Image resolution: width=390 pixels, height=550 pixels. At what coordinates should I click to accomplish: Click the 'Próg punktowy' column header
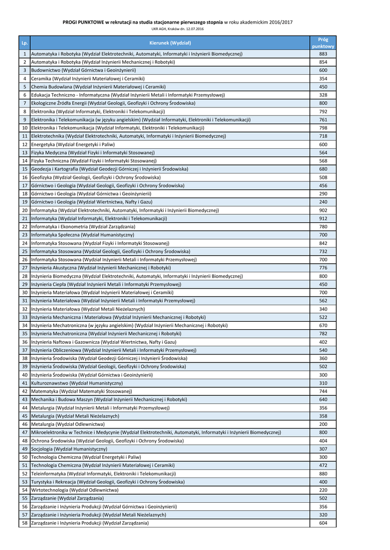323,42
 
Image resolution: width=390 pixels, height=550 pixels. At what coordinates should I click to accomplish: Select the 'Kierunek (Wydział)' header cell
170,42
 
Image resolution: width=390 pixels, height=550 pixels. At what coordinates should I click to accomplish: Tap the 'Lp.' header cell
24,42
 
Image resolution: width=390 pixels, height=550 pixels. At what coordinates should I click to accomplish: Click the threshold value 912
323,219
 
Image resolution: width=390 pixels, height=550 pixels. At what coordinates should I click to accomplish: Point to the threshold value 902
323,211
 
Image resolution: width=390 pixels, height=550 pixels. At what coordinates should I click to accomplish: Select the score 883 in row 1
323,54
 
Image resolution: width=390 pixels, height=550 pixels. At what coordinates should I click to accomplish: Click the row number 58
24,523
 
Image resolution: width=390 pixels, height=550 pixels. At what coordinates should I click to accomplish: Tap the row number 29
24,284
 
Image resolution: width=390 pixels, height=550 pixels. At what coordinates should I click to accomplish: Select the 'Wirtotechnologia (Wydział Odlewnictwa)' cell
75,490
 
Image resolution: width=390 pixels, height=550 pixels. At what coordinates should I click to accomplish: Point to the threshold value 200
323,424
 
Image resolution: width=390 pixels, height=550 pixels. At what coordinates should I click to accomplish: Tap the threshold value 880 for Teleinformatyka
323,474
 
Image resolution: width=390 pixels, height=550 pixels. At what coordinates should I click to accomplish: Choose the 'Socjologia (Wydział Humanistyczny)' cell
69,448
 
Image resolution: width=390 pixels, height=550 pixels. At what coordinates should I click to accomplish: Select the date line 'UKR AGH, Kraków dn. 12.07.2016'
178,29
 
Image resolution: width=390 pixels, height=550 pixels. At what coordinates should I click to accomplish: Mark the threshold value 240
323,202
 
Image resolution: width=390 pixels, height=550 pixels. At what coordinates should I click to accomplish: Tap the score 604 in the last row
323,523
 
